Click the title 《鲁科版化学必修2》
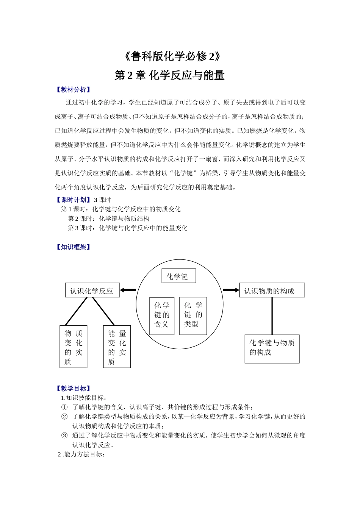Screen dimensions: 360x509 coord(172,57)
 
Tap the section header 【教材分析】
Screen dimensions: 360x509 coord(73,90)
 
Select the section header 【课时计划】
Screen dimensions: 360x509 coord(73,200)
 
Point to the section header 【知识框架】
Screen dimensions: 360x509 coord(73,247)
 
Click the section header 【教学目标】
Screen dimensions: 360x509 coord(73,388)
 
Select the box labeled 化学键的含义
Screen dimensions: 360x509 coord(162,315)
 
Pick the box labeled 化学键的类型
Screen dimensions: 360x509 coord(193,315)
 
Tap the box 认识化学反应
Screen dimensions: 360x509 coord(92,291)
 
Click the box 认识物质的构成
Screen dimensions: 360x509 coord(271,290)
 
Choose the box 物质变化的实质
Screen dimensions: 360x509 coord(73,347)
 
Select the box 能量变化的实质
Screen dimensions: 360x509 coord(117,347)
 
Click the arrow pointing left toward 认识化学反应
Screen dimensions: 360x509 coord(128,290)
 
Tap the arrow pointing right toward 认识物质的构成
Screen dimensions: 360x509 coord(231,290)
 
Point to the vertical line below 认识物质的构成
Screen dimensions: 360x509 coord(272,316)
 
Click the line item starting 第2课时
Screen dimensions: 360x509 coord(108,219)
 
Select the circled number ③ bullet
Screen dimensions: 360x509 coord(64,436)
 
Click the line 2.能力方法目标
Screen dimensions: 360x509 coord(81,454)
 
